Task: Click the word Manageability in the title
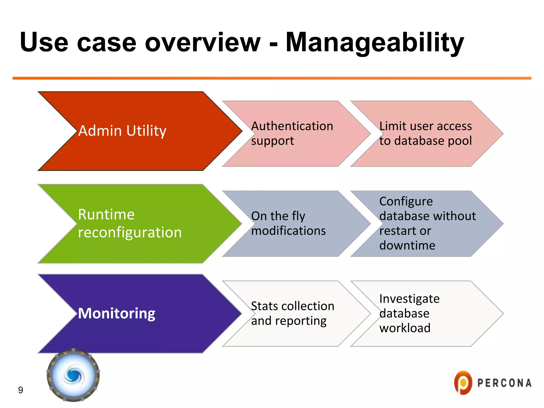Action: pos(375,42)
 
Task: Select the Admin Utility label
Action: pos(122,131)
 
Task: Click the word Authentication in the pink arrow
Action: pos(292,126)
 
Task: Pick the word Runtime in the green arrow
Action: pos(106,214)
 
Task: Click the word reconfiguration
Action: pos(130,232)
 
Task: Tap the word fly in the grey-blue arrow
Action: pos(298,216)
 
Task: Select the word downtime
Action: pos(407,245)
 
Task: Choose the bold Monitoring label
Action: pos(116,313)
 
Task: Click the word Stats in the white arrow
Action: pos(264,306)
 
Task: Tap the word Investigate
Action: pos(409,299)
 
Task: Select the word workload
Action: pos(405,328)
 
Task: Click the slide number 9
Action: pos(20,390)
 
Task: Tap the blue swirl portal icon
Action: pos(73,375)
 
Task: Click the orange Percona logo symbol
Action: pos(463,383)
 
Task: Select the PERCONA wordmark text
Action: pos(504,383)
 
